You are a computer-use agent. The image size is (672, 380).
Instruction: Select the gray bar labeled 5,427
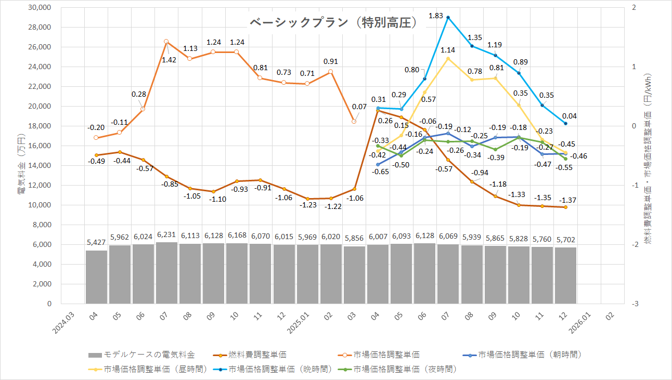click(96, 277)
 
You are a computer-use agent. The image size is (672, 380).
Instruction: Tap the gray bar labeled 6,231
click(166, 273)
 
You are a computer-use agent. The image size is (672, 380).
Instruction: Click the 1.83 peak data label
click(436, 17)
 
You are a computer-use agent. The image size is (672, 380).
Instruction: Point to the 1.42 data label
click(169, 60)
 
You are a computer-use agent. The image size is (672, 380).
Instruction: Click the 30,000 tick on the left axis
click(41, 8)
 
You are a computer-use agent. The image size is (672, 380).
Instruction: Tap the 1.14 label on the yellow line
click(448, 50)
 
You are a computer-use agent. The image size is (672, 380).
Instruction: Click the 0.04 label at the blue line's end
click(568, 116)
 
